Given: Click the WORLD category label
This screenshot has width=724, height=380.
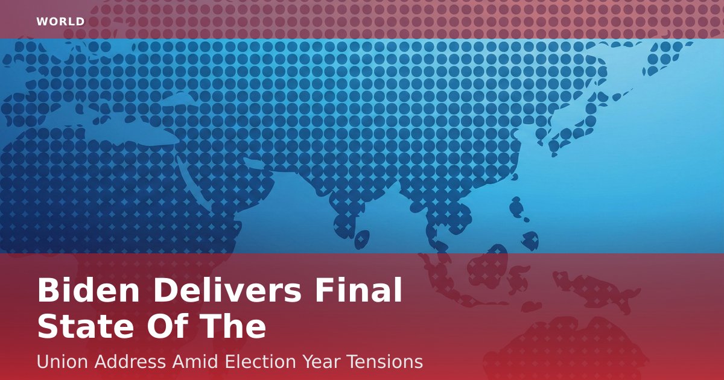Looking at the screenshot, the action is [60, 22].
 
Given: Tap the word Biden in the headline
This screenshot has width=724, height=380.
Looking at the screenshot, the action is [89, 290].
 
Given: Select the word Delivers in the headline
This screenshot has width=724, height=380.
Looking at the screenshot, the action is [227, 290].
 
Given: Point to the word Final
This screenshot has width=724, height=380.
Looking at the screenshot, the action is [358, 290].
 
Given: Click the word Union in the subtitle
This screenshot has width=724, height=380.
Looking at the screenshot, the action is [62, 361].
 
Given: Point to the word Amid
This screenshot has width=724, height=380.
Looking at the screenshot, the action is [195, 361].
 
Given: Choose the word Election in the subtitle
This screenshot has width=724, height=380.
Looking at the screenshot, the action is [260, 361].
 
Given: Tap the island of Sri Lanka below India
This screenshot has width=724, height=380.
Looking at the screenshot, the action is [362, 239].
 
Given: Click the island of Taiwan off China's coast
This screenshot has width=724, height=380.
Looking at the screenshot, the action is [516, 206].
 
